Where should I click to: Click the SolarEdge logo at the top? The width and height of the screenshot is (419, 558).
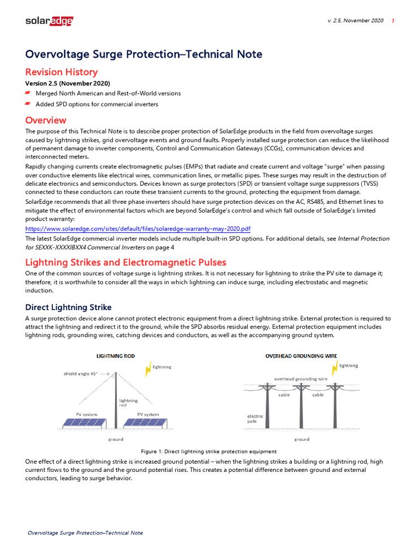49,21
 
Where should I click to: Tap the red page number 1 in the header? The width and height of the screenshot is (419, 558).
393,21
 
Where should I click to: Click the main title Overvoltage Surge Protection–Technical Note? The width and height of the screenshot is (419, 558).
143,54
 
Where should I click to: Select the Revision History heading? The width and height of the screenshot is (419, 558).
61,72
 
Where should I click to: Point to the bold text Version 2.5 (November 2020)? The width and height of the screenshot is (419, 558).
68,83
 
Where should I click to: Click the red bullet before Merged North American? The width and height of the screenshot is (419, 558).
28,94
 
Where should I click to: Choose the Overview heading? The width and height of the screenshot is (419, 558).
46,120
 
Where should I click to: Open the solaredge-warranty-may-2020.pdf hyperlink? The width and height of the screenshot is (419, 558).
138,228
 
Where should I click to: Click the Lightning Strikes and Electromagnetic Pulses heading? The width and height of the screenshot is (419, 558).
125,262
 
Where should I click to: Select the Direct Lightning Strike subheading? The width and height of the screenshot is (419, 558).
68,307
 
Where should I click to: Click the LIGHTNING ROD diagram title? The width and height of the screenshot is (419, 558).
115,356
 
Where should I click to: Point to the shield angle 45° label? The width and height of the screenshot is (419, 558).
81,374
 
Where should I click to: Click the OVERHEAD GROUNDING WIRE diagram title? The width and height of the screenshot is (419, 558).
301,356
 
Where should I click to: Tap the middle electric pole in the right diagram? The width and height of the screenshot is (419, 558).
300,406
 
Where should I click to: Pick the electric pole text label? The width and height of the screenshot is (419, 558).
255,418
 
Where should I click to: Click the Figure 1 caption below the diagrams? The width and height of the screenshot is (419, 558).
209,451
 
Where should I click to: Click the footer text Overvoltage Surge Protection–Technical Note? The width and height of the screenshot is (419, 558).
85,532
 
